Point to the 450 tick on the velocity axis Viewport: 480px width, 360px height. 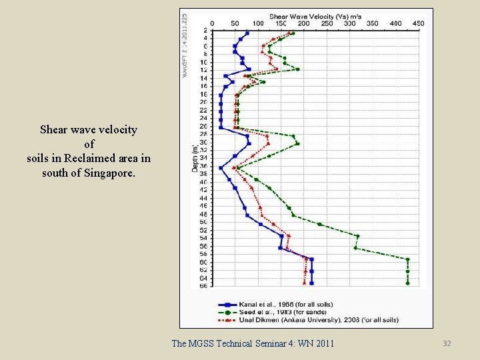coord(419,23)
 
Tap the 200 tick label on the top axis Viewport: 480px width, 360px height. coord(303,23)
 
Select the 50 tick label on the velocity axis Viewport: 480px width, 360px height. coord(235,23)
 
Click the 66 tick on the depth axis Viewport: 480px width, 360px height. coord(203,286)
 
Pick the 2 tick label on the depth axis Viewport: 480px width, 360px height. coord(205,31)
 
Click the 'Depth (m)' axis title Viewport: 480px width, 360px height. coord(195,159)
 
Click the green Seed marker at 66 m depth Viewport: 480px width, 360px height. coord(407,283)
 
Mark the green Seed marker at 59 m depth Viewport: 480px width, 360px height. coord(407,259)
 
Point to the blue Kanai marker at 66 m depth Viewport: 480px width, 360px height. coord(311,283)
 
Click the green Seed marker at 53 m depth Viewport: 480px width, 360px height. coord(358,236)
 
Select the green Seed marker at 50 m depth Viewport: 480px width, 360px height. coord(320,224)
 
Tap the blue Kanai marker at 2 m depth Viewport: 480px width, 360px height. coord(247,33)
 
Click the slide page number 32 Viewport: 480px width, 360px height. coord(447,343)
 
